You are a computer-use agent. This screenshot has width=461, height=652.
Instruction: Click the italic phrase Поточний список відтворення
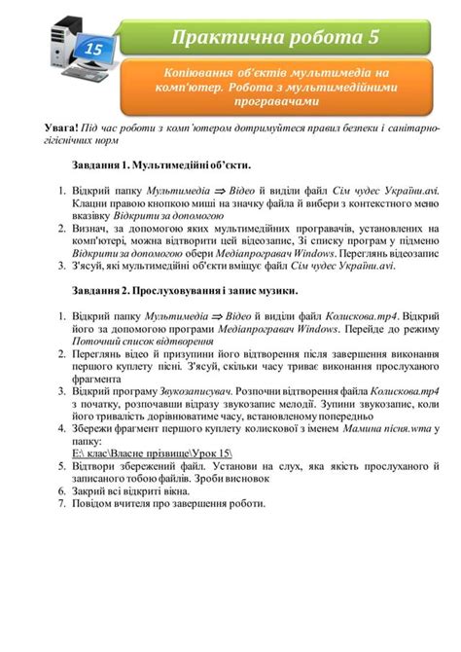click(144, 342)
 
